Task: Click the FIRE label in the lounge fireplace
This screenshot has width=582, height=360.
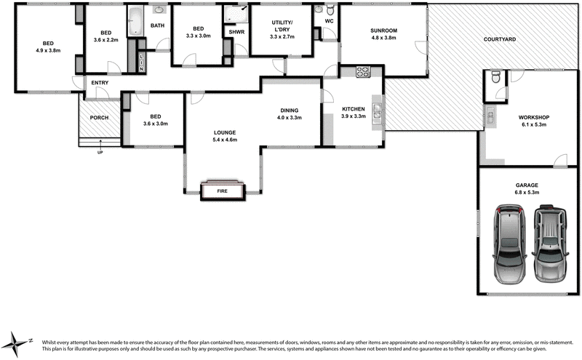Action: [222, 191]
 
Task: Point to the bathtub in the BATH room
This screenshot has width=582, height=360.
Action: [135, 22]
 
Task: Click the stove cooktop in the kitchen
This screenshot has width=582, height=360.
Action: [363, 71]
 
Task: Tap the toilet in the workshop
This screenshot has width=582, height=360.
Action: [495, 78]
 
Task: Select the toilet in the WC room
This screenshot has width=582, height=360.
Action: [330, 11]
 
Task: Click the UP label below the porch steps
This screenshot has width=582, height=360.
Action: [100, 152]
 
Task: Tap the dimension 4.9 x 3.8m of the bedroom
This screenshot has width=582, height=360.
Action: [47, 51]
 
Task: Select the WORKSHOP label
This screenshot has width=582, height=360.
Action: [533, 117]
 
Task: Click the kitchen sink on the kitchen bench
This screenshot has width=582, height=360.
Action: [377, 111]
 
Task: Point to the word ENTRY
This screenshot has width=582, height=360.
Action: [100, 83]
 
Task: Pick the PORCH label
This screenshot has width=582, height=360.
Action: [99, 118]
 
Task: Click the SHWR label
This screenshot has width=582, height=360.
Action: [236, 32]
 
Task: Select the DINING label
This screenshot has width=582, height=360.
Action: [290, 110]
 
